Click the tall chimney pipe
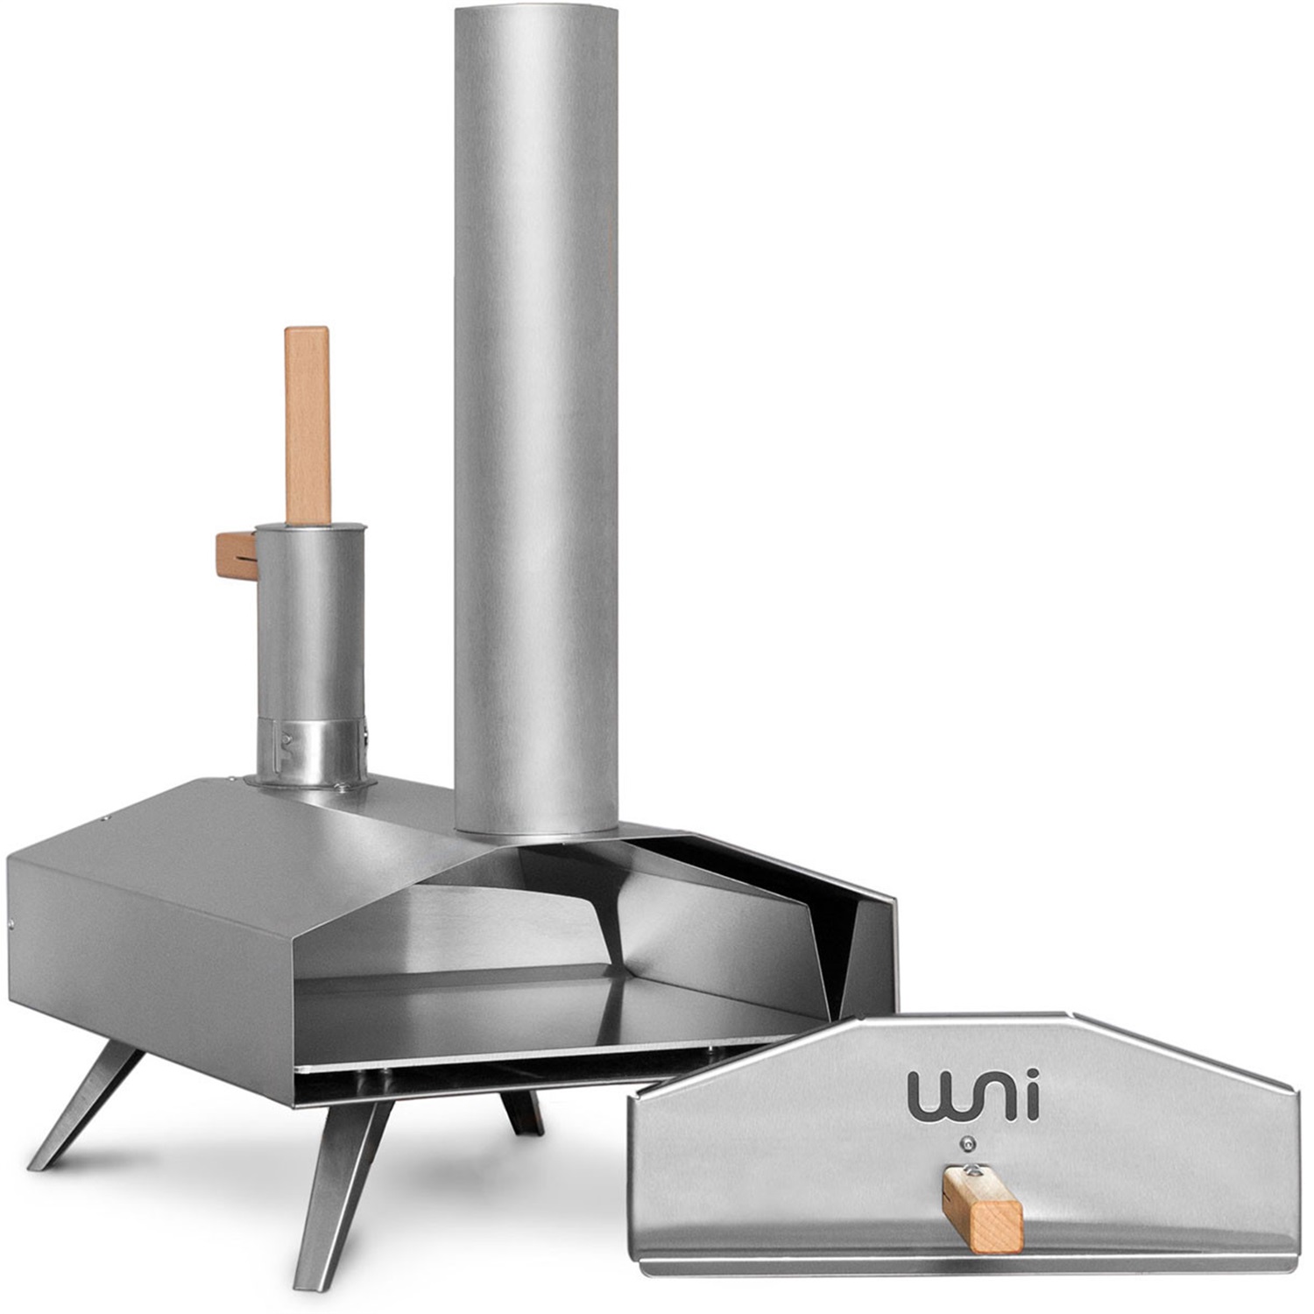coord(534,438)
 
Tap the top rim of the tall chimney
coord(534,12)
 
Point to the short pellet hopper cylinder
coord(310,631)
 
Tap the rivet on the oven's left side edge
coord(11,924)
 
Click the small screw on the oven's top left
coord(104,819)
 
